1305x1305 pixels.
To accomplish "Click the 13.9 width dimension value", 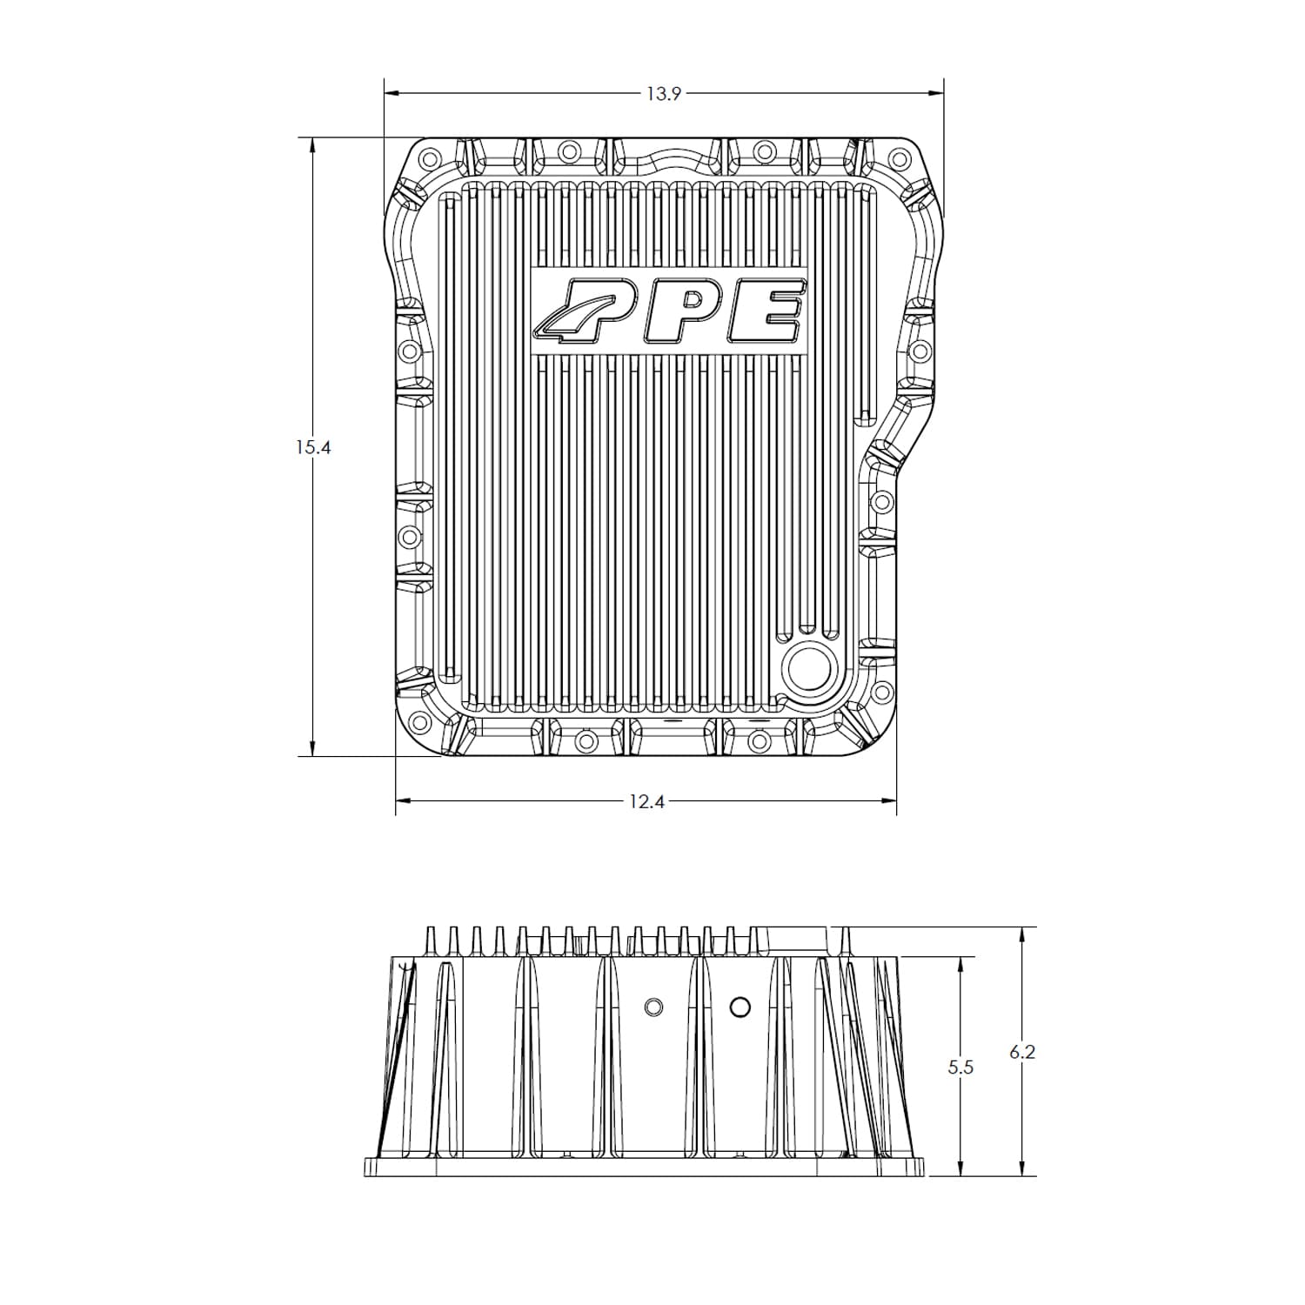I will click(663, 93).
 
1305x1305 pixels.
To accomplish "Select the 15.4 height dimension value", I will click(313, 448).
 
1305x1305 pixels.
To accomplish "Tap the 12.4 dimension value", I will click(646, 801).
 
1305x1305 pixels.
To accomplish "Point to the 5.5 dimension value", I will click(960, 1067).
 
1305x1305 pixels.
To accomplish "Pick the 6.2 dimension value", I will click(1022, 1052).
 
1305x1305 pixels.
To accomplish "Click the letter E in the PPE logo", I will click(766, 311).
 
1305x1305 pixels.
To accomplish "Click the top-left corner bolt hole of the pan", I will click(426, 160).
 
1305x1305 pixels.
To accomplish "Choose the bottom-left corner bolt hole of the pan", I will click(418, 721).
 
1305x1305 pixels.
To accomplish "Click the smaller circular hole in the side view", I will click(653, 1007).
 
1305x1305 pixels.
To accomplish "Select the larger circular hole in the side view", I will click(739, 1007).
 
